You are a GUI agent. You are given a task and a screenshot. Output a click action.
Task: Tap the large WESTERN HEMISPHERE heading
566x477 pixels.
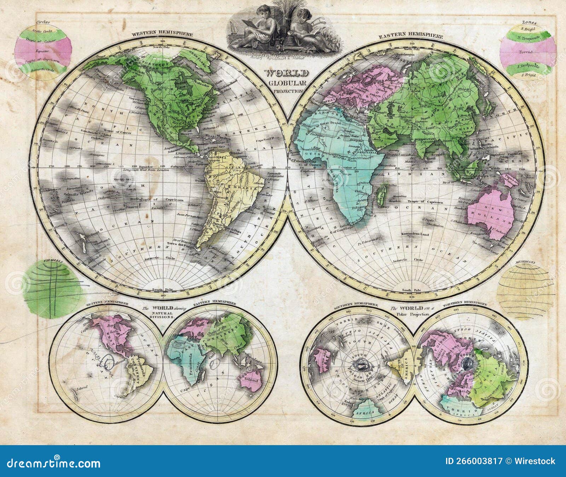pos(162,34)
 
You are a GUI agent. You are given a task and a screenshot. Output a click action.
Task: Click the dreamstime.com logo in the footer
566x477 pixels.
pos(52,463)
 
